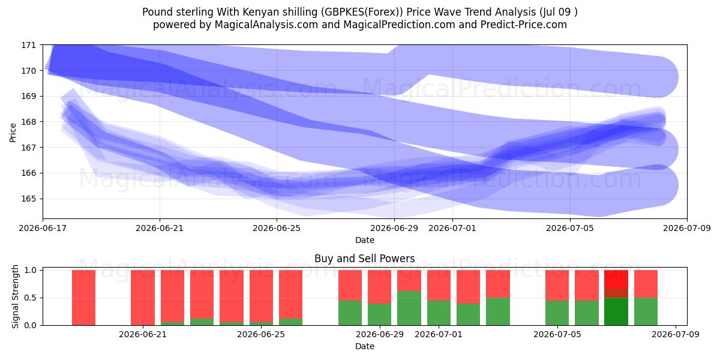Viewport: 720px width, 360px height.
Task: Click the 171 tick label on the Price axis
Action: coord(29,45)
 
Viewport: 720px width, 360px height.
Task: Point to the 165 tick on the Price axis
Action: coord(29,199)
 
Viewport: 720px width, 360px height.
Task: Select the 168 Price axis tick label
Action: coord(29,122)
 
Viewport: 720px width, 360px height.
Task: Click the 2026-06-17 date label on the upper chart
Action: coord(43,228)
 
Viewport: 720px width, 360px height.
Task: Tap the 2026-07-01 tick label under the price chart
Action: coord(452,228)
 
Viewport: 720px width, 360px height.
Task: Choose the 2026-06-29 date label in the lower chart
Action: coord(380,334)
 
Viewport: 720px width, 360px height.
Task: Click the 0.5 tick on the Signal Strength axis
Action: coord(31,298)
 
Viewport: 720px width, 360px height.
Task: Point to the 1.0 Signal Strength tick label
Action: coord(31,270)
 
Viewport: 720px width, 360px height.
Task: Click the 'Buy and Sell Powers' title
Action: coord(365,259)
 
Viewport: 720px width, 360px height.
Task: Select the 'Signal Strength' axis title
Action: coord(15,296)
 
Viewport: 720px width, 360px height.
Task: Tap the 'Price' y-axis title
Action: coord(13,133)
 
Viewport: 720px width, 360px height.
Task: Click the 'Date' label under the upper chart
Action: coord(365,240)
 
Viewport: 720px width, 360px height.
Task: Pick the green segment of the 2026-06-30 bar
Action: coord(409,308)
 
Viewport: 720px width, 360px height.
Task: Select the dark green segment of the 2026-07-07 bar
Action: coord(616,311)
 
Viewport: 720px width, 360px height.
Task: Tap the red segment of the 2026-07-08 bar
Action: coord(646,284)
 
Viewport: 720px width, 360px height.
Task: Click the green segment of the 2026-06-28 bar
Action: coord(350,313)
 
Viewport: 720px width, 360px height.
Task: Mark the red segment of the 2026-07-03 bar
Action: coord(498,284)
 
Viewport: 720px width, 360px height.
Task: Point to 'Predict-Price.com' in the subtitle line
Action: coord(524,25)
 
